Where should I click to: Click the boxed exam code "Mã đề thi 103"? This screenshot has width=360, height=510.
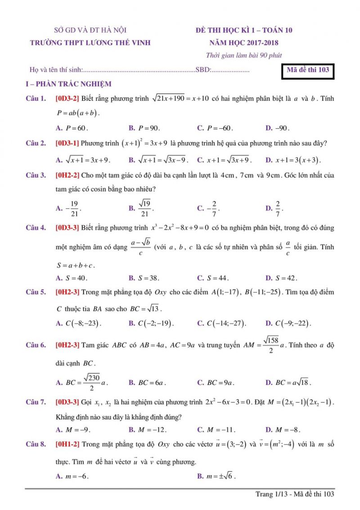click(308, 70)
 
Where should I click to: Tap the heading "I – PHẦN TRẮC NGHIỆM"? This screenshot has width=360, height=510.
click(68, 84)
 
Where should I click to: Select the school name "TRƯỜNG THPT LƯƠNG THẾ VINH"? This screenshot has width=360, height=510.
click(90, 43)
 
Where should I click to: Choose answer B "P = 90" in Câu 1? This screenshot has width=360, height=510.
click(144, 128)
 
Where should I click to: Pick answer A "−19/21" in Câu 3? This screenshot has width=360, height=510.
click(68, 208)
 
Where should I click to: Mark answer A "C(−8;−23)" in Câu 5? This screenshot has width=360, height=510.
click(78, 323)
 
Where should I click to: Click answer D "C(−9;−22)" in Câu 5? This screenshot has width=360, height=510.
click(288, 323)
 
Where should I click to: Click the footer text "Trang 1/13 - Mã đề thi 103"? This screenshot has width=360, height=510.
click(295, 494)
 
